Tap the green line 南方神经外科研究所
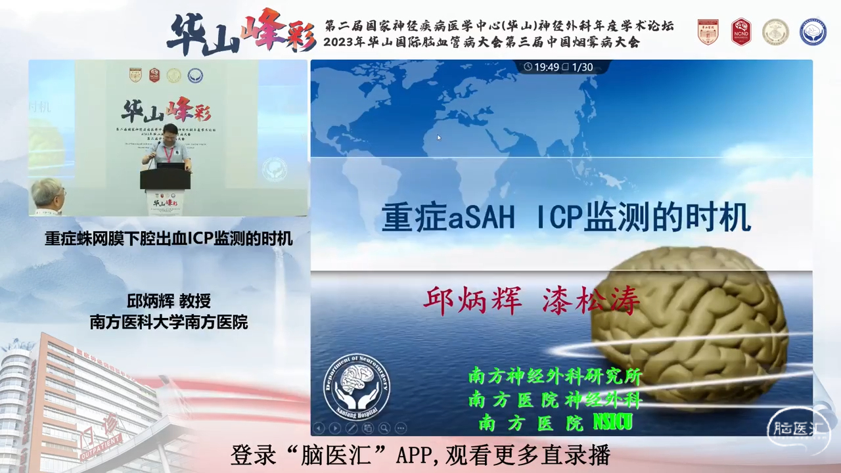click(555, 376)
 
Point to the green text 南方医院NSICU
click(555, 422)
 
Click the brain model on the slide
click(690, 322)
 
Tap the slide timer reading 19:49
click(542, 67)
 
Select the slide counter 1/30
click(582, 67)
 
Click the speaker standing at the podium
click(168, 148)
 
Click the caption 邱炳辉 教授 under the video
click(169, 302)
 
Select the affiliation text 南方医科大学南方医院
click(169, 323)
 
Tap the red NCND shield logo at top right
click(741, 32)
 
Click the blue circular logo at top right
click(813, 32)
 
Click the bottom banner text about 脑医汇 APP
click(420, 455)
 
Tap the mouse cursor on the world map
click(438, 137)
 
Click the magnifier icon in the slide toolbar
click(384, 428)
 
